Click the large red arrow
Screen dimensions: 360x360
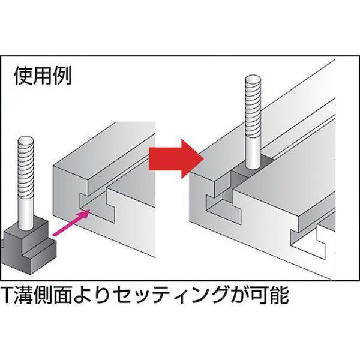(176, 158)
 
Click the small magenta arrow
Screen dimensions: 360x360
(71, 223)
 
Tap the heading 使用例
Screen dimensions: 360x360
(43, 76)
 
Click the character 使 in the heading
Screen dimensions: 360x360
(23, 76)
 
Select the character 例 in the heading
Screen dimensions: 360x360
(62, 76)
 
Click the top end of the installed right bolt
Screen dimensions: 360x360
(253, 80)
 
